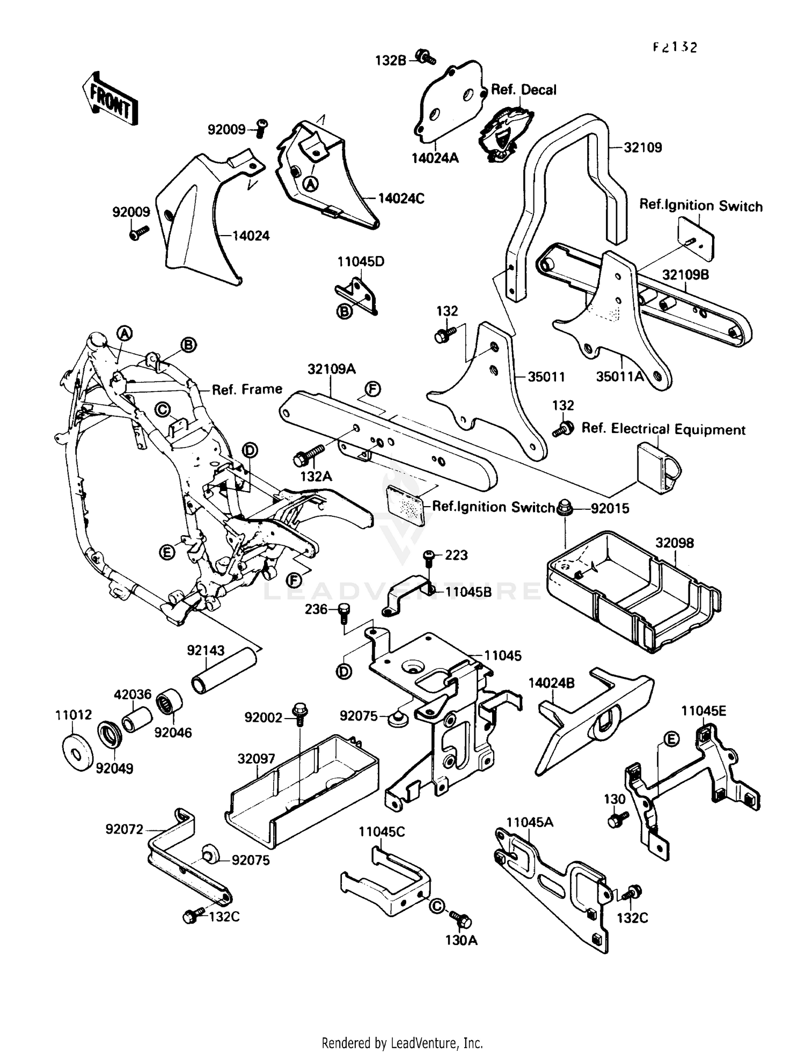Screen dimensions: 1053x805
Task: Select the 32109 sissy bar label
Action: tap(642, 147)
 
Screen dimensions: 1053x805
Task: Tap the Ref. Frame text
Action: tap(247, 389)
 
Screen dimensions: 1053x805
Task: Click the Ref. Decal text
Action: tap(524, 90)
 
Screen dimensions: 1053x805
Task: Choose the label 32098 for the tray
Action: tap(674, 543)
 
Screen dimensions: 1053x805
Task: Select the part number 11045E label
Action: tap(704, 711)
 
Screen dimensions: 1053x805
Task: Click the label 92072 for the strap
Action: tap(125, 830)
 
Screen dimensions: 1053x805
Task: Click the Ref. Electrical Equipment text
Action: tap(663, 429)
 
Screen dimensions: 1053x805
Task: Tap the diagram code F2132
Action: tap(675, 47)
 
